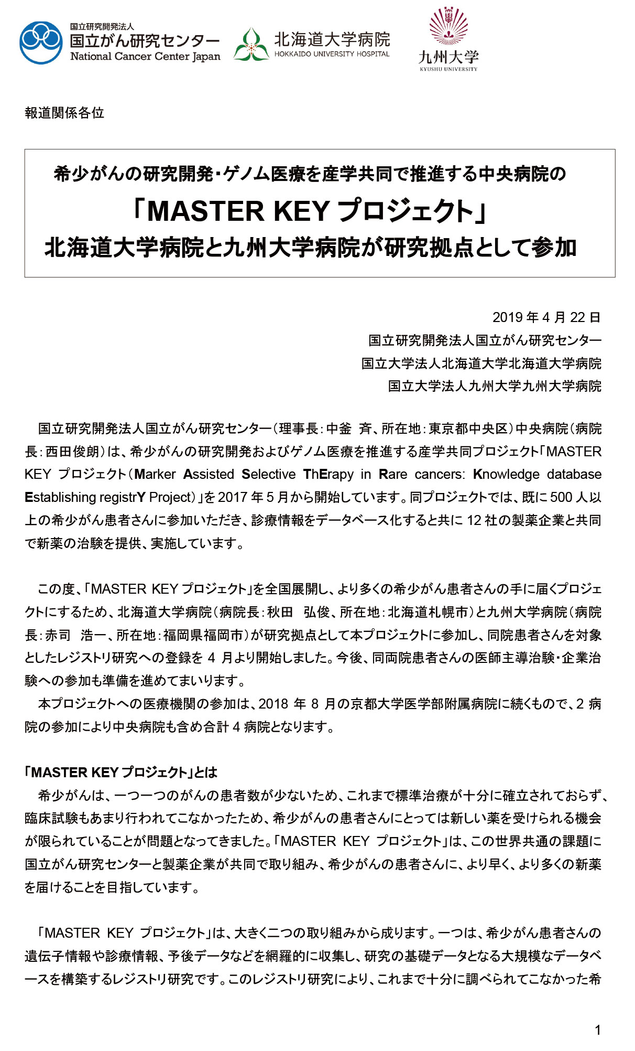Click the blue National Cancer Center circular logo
pos(41,42)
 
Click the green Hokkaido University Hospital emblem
pos(251,45)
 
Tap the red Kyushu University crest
pos(448,26)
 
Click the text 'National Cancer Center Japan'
pos(145,57)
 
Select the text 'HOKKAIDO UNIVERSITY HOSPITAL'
pos(332,54)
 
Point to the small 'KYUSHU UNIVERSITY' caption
pos(448,69)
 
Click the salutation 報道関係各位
pos(64,113)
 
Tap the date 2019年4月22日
pos(546,317)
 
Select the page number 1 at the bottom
pos(598,1030)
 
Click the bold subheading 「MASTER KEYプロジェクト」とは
pos(121,773)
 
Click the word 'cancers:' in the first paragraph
pos(440,475)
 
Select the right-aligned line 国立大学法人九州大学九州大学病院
pos(495,387)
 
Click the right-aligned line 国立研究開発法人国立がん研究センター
pos(485,340)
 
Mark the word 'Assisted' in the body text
pos(209,475)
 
